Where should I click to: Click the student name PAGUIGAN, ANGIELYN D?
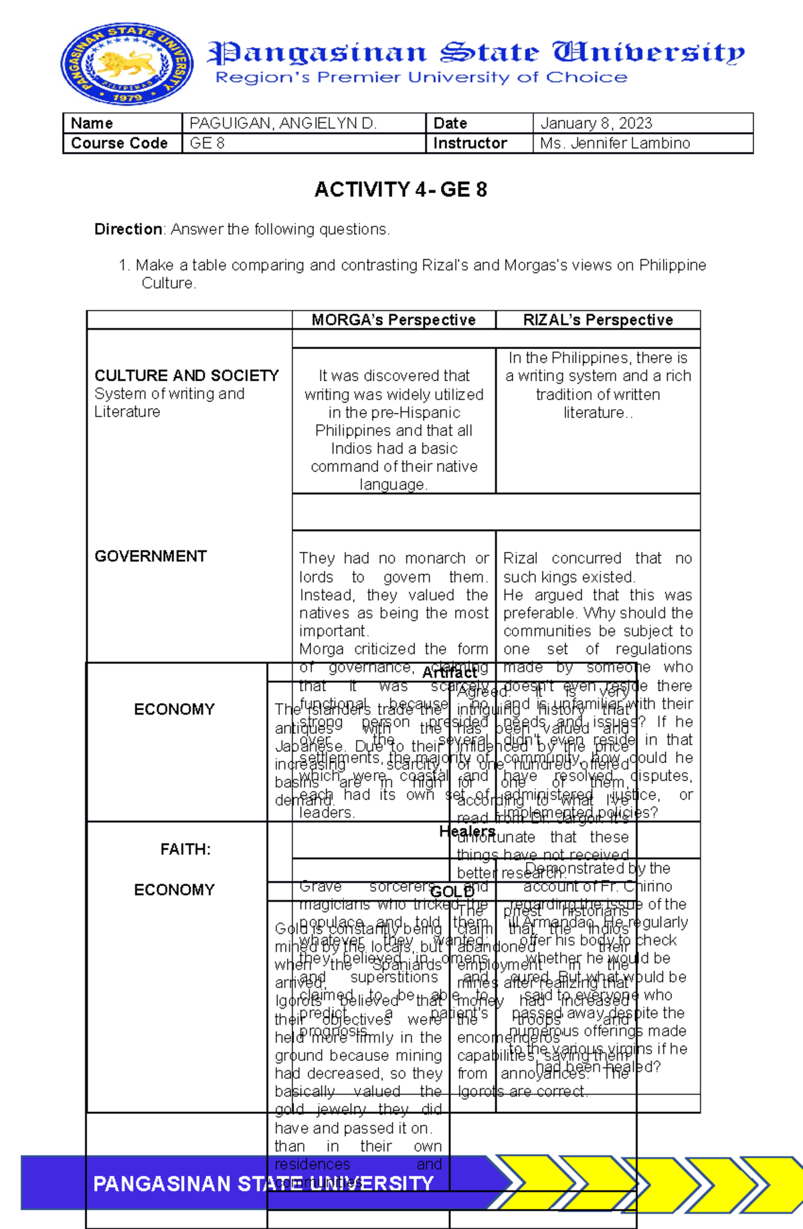[283, 123]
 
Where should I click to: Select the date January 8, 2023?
[596, 123]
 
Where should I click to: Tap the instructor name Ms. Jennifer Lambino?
[614, 143]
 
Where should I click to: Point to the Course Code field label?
[119, 143]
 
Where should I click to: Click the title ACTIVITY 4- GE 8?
[400, 190]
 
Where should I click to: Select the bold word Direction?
[128, 229]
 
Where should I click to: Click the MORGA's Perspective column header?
[393, 320]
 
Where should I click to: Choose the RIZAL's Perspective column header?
[598, 320]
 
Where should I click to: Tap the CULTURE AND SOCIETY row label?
[186, 376]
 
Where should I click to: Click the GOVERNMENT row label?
[151, 556]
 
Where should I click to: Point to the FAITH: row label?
[185, 849]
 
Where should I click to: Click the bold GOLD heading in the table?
[452, 891]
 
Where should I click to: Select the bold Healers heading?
[466, 831]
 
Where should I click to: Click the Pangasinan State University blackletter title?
[475, 52]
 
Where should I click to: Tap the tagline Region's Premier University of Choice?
[421, 78]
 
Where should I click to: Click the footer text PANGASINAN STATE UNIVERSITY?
[263, 1183]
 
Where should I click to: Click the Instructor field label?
[470, 143]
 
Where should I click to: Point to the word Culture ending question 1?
[168, 283]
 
